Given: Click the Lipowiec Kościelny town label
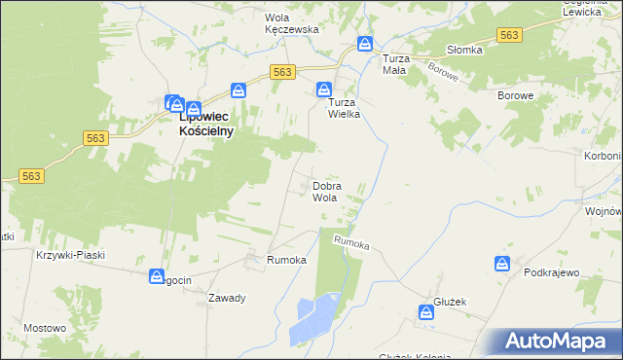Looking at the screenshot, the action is pos(206,125).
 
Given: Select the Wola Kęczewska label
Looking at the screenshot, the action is pos(292,23).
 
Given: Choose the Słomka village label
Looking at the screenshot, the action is pos(464,51).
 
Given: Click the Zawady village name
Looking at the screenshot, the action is pos(226,298).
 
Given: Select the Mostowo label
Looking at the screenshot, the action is pos(43,329).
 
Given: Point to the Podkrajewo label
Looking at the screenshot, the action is pos(552,273).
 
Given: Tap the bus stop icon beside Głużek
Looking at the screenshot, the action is pos(426,312).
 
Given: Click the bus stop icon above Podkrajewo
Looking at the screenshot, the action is pos(502,264).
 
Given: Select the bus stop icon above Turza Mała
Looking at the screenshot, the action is pos(365,44).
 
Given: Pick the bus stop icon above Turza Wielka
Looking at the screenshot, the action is pos(323,90).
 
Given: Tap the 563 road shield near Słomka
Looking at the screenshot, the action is pos(508,35).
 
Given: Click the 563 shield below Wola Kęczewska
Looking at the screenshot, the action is pos(282,72).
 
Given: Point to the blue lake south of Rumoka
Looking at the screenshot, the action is pos(313,317).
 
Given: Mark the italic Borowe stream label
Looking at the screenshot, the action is pos(443,79).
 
